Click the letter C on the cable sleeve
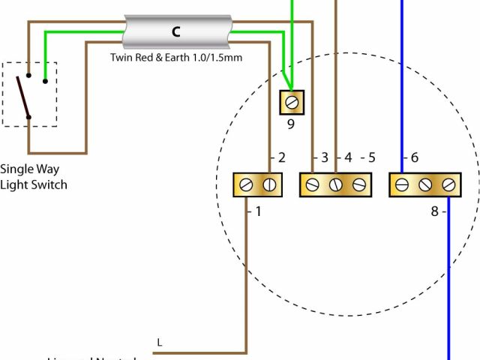(175, 31)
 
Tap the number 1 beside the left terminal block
(258, 211)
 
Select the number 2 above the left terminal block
(281, 158)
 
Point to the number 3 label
(325, 158)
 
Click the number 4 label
(347, 158)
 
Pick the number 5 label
(371, 158)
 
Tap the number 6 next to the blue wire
(414, 158)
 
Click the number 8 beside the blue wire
(434, 211)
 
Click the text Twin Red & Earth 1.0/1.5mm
(175, 57)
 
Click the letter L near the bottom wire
(159, 343)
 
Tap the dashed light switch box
(30, 94)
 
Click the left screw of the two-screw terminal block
(247, 184)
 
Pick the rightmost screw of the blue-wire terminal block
(448, 184)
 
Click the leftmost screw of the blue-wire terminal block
(402, 184)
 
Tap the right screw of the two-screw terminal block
(269, 184)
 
